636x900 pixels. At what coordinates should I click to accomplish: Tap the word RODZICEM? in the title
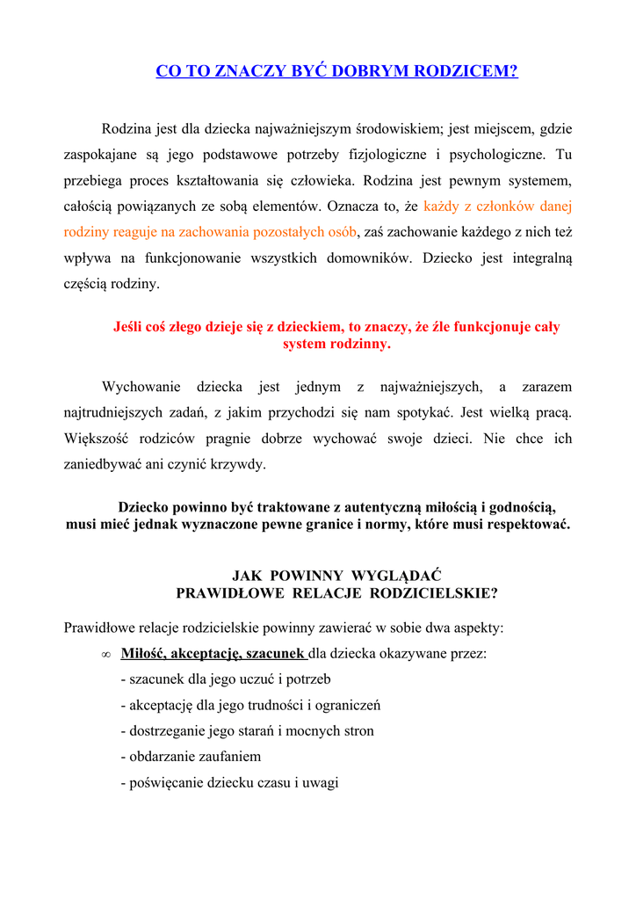tap(472, 71)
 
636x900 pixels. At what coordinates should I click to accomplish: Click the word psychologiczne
tap(497, 155)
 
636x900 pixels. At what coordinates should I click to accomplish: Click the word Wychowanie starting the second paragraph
tap(141, 387)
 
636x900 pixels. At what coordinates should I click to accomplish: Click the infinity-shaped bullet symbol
tap(105, 655)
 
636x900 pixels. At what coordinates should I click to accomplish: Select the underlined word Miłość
tap(143, 654)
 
